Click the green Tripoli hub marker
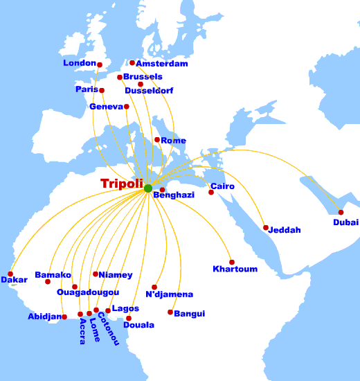point(147,188)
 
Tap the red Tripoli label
point(121,184)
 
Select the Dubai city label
point(345,222)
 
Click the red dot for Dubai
point(341,212)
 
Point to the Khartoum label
point(235,269)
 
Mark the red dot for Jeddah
point(266,227)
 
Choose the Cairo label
point(222,186)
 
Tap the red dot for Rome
point(157,140)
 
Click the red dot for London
point(100,65)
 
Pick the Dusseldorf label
point(149,91)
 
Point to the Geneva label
point(106,107)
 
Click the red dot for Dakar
point(10,274)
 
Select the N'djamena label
point(170,294)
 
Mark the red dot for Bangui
point(170,312)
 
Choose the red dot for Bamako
point(48,282)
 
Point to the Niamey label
point(115,275)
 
